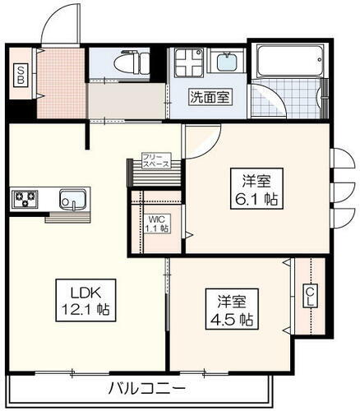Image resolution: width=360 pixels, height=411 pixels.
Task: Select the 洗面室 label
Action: tap(211, 96)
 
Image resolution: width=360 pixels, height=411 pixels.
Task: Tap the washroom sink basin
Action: tap(224, 62)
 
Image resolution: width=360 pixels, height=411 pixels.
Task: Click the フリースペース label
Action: tap(155, 160)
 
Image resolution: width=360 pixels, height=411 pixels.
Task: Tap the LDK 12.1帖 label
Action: tap(85, 301)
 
